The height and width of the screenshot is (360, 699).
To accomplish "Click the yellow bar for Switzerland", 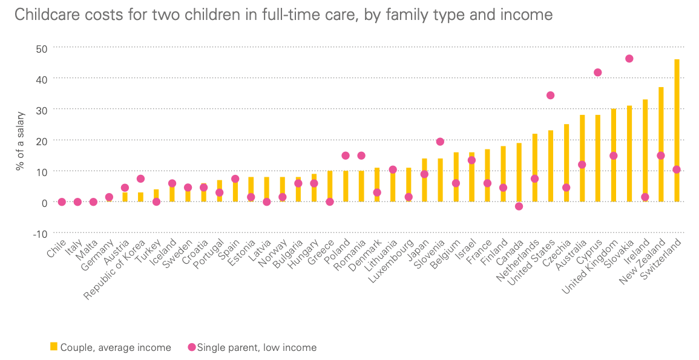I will coord(676,130).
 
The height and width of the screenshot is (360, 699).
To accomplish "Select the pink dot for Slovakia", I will coord(629,59).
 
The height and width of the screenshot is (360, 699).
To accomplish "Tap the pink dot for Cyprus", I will coord(597,73).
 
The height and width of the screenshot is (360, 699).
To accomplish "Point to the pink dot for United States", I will coord(550,95).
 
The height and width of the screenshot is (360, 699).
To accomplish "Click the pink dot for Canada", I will coord(519,206).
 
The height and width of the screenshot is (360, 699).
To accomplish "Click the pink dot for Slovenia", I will coord(440,142).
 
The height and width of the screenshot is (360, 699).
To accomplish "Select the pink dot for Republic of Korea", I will coord(140,178).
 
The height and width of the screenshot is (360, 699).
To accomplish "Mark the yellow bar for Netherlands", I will coord(534,168).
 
